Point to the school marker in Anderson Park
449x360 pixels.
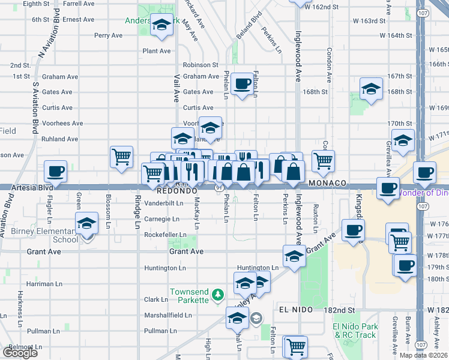(x=161, y=26)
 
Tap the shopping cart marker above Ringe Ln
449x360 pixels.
(x=121, y=157)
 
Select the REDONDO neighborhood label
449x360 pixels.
(x=177, y=190)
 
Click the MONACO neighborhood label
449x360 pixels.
(x=328, y=182)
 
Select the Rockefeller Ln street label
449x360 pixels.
(x=167, y=235)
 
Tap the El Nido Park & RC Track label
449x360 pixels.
(x=354, y=331)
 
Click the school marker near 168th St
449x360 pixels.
(x=372, y=90)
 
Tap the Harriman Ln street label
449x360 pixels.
(x=44, y=283)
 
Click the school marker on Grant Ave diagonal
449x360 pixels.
(x=294, y=257)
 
